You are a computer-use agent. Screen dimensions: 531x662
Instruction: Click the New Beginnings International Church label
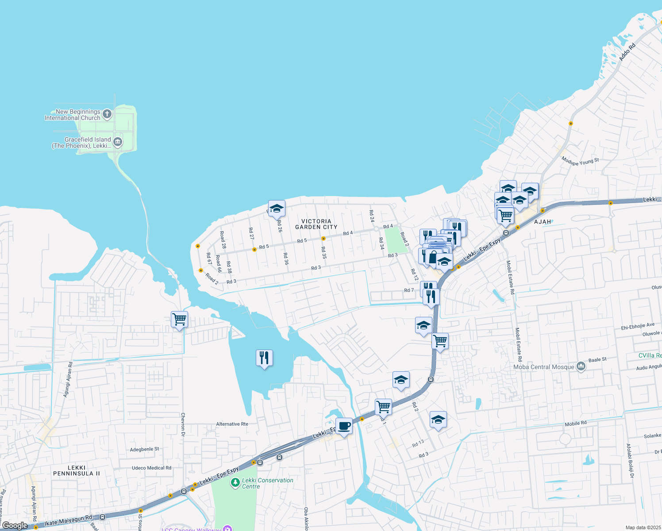point(73,115)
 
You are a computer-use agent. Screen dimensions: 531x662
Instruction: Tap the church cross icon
point(107,115)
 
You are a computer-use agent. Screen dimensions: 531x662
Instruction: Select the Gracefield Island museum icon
point(118,142)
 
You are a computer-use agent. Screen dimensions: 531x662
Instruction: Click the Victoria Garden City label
point(316,224)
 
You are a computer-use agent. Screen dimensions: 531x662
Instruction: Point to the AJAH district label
point(543,222)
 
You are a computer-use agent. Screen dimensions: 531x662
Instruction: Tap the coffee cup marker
point(344,427)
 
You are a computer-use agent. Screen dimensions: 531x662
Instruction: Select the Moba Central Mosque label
point(543,367)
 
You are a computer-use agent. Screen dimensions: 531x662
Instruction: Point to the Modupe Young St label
point(580,161)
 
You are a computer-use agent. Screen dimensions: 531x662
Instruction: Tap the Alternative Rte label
point(232,424)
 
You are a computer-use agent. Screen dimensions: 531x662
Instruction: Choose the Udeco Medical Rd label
point(151,468)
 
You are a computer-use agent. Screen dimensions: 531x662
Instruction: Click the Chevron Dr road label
point(183,425)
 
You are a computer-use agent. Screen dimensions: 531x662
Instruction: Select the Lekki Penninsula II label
point(77,470)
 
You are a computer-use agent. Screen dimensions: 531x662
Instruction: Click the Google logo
point(15,526)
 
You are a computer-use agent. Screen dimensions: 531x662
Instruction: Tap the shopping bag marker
point(433,258)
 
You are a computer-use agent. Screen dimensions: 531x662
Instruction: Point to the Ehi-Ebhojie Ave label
point(637,327)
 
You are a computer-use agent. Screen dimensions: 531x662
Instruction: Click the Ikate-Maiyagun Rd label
point(68,520)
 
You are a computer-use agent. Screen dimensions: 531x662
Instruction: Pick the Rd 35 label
point(324,253)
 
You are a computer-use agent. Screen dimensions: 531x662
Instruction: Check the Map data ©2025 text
point(643,527)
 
